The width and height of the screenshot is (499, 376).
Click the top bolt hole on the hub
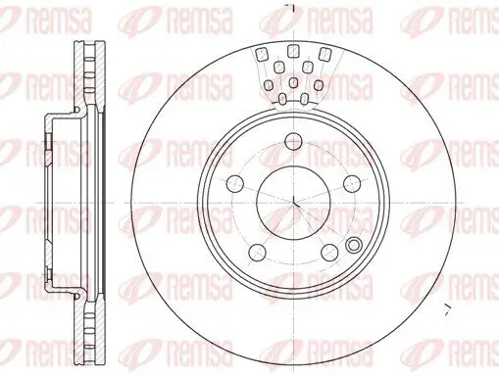(x=291, y=144)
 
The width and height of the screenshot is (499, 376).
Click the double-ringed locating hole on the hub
(x=353, y=245)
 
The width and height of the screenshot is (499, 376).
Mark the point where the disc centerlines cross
(x=294, y=203)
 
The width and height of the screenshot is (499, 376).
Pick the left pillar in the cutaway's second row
(x=280, y=67)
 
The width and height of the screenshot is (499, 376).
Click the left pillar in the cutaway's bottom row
(x=282, y=97)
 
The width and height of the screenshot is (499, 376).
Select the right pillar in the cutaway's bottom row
(x=305, y=97)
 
